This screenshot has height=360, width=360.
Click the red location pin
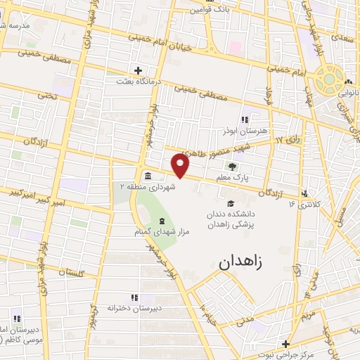pos(181,165)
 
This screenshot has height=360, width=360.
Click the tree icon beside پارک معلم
pos(232,167)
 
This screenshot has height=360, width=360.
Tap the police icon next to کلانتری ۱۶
pos(304,193)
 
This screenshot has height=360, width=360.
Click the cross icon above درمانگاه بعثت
pos(138,70)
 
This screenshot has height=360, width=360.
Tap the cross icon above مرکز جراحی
pos(285,344)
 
